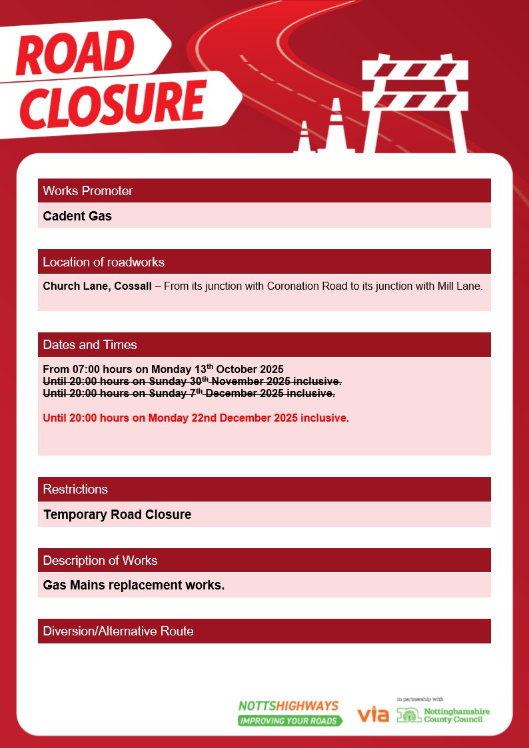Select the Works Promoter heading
click(88, 191)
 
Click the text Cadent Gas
click(77, 216)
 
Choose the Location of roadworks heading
click(103, 262)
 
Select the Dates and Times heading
click(90, 345)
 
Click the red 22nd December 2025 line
click(196, 418)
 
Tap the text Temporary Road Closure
click(117, 515)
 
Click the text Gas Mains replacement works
click(134, 585)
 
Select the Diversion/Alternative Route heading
click(118, 631)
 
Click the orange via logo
click(373, 715)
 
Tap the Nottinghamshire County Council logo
click(443, 715)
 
